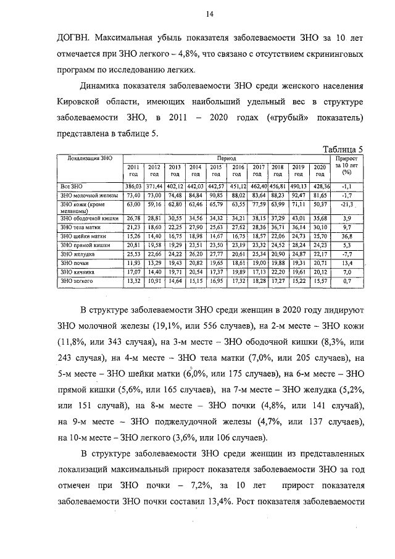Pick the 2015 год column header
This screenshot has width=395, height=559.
click(x=216, y=170)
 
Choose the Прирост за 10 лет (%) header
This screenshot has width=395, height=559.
click(x=346, y=166)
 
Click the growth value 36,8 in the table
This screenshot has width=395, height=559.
click(x=346, y=236)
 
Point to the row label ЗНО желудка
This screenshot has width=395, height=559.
click(x=75, y=254)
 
